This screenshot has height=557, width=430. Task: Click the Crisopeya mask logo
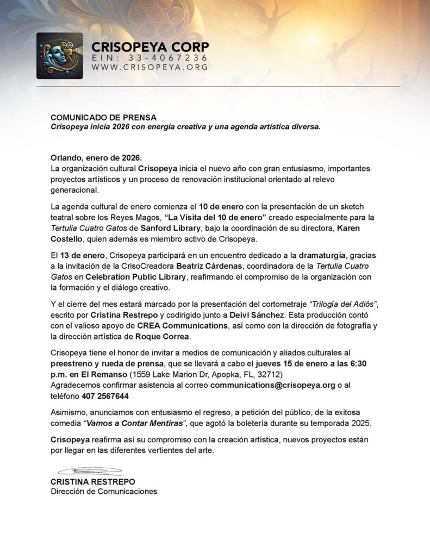pyautogui.click(x=59, y=56)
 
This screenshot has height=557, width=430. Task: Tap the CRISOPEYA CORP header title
pyautogui.click(x=150, y=46)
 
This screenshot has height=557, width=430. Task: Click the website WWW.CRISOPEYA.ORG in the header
pyautogui.click(x=149, y=67)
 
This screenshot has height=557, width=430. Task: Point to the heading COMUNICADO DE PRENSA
pyautogui.click(x=103, y=117)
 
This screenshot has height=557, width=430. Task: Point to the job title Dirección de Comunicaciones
pyautogui.click(x=104, y=491)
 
